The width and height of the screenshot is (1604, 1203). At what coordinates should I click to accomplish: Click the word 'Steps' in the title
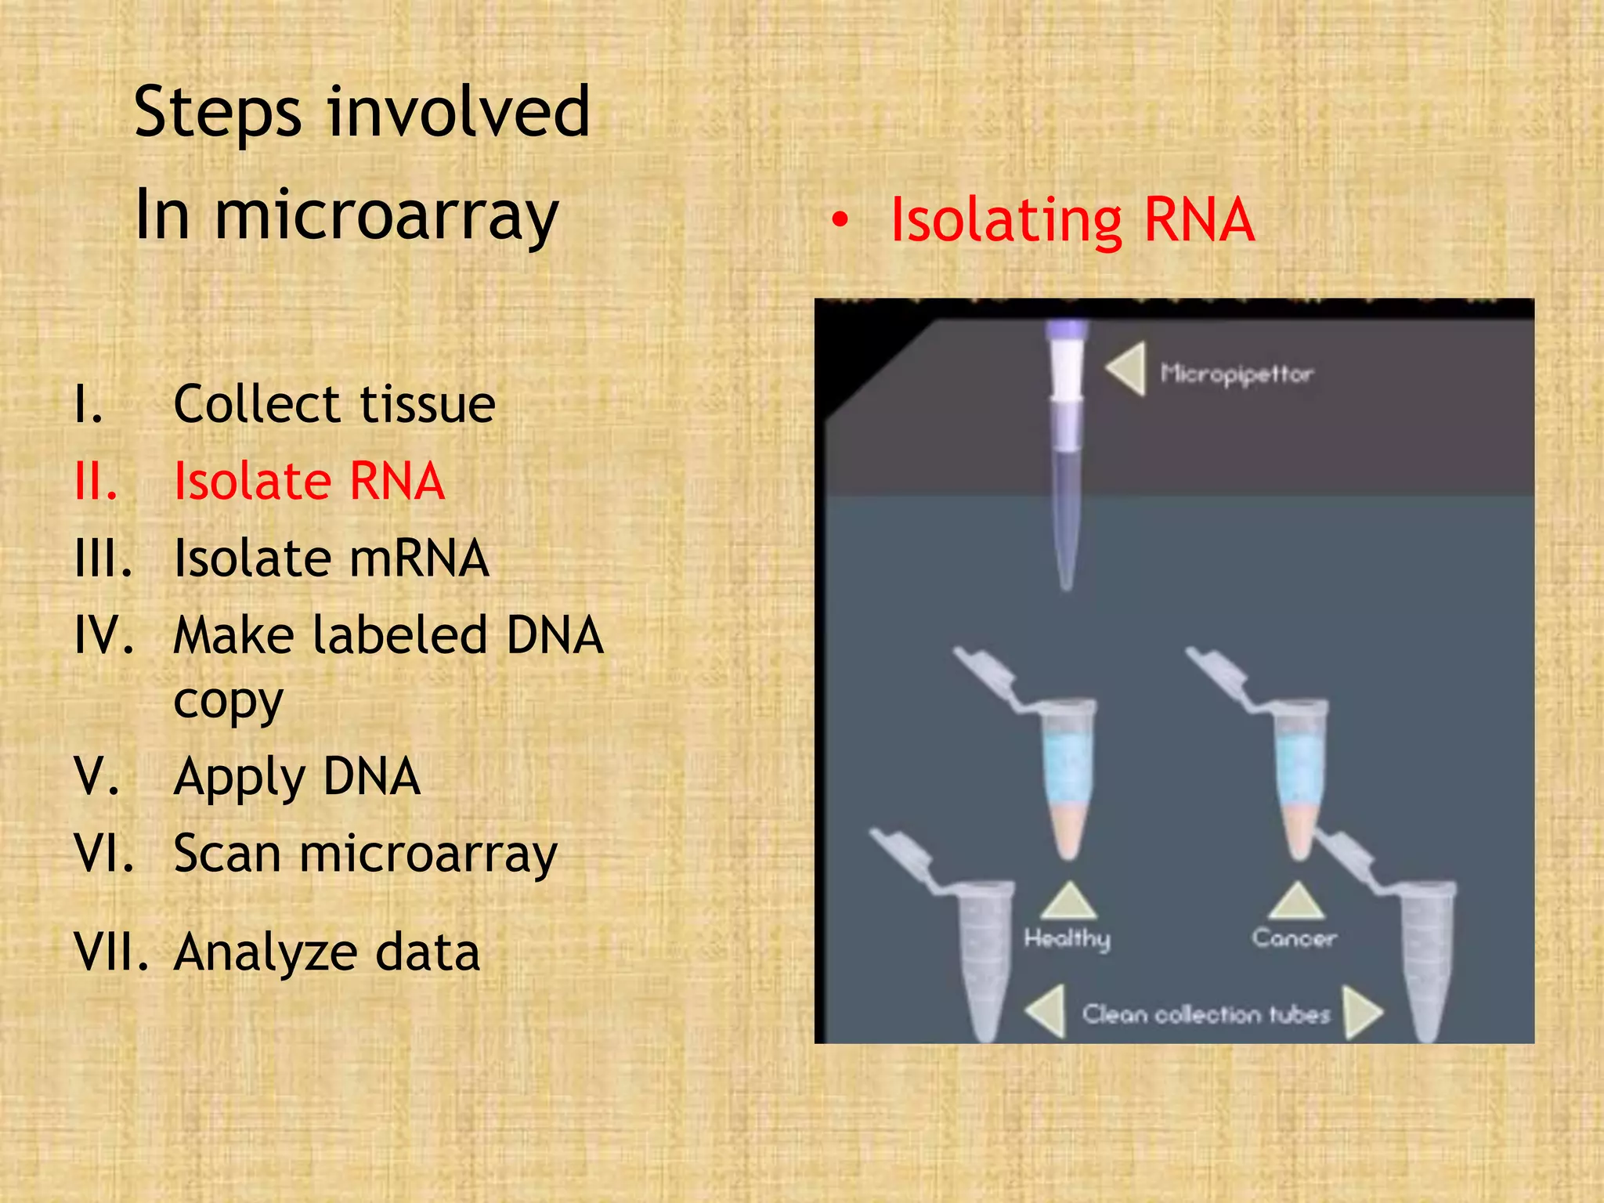[x=217, y=114]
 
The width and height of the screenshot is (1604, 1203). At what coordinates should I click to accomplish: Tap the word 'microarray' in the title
[x=385, y=215]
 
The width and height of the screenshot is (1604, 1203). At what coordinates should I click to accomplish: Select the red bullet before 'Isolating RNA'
[x=840, y=222]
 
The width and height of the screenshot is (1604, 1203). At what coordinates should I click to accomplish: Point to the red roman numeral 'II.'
[x=96, y=481]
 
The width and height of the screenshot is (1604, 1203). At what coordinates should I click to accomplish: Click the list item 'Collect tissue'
[x=334, y=404]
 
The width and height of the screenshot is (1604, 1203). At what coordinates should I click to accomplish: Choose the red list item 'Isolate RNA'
[x=309, y=481]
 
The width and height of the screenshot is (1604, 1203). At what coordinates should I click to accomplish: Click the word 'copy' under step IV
[x=228, y=701]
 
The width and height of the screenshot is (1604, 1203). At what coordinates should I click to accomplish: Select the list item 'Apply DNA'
[x=297, y=777]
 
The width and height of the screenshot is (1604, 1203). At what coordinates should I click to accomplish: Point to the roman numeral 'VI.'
[x=104, y=853]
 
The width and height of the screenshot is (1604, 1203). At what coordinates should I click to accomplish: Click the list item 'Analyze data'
[x=327, y=953]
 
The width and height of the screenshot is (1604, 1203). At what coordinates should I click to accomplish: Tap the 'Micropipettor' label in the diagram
[x=1236, y=374]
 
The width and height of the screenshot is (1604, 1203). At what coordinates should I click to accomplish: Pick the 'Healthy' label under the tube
[x=1067, y=938]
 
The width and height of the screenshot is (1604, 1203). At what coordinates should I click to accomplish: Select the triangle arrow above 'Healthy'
[x=1068, y=901]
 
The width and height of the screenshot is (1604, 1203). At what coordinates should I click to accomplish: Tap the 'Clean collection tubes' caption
[x=1205, y=1014]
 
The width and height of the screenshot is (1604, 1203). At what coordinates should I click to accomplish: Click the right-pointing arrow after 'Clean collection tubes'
[x=1362, y=1012]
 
